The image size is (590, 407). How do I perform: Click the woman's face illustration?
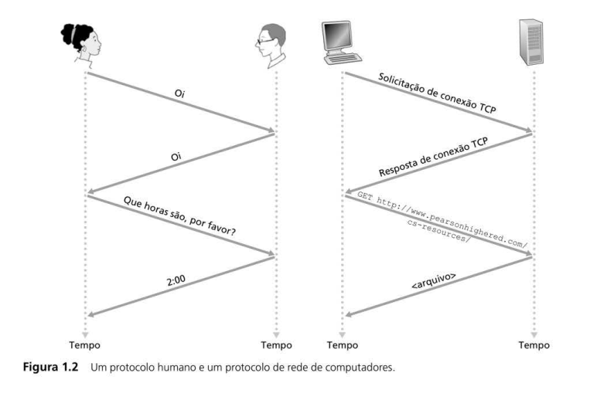[x=81, y=44]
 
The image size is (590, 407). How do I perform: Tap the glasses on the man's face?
[x=264, y=41]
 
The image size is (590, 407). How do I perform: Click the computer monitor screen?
[x=337, y=34]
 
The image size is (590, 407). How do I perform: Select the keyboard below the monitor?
[x=343, y=59]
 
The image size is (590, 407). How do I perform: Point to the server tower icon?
[x=531, y=42]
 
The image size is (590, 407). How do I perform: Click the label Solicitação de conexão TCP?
[x=437, y=93]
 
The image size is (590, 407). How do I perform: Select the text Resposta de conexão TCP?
[x=434, y=157]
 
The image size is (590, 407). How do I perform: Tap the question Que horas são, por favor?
[x=180, y=216]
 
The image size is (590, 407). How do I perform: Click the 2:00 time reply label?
[x=176, y=280]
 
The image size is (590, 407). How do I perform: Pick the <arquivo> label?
[x=434, y=280]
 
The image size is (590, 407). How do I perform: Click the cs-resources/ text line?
[x=438, y=231]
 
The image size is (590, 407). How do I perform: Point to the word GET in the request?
[x=364, y=196]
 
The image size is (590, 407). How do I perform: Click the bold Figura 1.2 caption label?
[x=50, y=367]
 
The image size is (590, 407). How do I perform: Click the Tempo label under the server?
[x=534, y=345]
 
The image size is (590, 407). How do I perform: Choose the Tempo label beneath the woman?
[x=84, y=345]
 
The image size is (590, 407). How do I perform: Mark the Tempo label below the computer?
[x=343, y=345]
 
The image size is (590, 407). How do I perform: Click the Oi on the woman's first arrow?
[x=180, y=93]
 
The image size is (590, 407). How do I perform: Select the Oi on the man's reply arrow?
[x=176, y=156]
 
